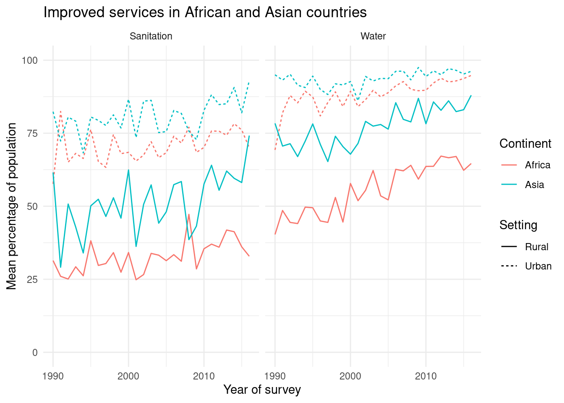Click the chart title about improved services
205,13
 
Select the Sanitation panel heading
151,36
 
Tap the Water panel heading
373,36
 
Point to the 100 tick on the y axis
30,60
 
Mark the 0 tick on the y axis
34,352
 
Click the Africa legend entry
537,165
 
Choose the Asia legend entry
534,185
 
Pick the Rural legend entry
536,247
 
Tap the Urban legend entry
538,266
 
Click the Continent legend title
525,144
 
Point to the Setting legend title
518,225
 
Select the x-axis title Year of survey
262,390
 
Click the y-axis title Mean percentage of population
12,206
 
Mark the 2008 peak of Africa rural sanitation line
189,215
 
